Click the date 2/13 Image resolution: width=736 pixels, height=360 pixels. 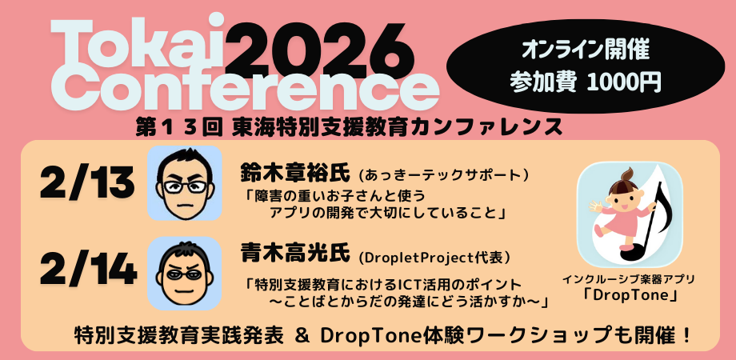(x=86, y=183)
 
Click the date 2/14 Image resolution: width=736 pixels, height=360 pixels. (x=87, y=272)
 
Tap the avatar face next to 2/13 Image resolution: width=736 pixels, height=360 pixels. (x=184, y=183)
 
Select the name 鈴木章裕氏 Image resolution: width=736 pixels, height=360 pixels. (x=295, y=174)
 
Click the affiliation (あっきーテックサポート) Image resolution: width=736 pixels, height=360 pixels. (x=445, y=174)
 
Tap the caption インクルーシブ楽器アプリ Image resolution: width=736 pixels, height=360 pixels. (x=628, y=279)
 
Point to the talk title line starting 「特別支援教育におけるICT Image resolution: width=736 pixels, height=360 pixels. (x=384, y=284)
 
